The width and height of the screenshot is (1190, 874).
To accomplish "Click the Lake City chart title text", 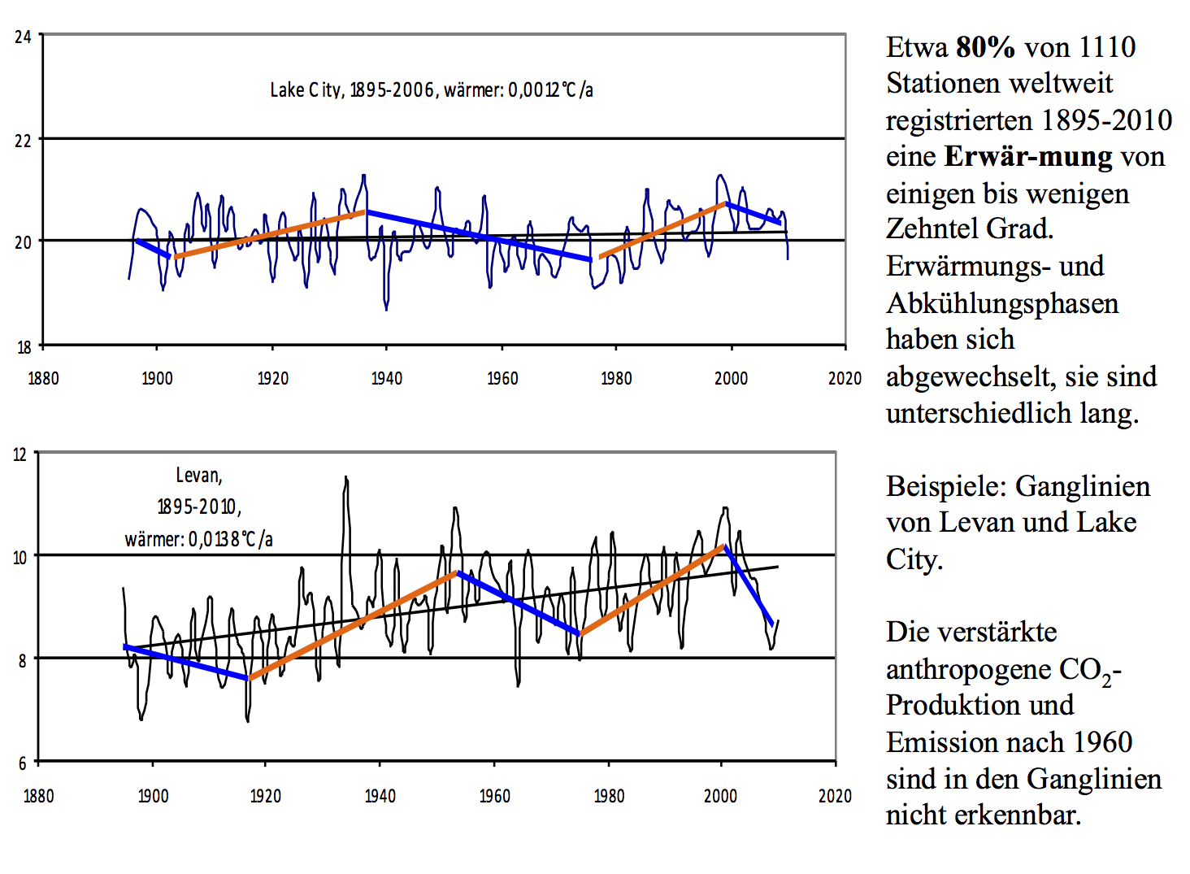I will pos(431,89).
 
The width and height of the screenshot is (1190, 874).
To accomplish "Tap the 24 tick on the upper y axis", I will pos(23,37).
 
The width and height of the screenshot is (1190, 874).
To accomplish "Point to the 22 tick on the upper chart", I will pos(23,140).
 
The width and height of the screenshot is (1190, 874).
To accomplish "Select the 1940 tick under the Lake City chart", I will pos(386,378).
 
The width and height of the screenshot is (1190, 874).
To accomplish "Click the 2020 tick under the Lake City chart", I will pos(845,378).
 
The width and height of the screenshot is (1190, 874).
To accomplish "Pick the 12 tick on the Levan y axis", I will pos(20,454).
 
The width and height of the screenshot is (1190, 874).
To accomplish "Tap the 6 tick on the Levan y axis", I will pos(22,763).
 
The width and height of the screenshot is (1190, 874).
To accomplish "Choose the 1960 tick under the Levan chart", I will pos(494,796).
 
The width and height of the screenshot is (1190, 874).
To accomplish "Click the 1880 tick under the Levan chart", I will pos(38,796).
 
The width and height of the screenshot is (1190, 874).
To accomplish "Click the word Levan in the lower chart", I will pos(198,476).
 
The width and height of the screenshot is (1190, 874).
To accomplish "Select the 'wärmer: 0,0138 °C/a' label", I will pos(198,539).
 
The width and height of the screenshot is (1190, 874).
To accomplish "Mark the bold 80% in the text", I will pos(985,47).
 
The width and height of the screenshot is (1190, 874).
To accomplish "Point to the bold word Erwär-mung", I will pos(1028,156).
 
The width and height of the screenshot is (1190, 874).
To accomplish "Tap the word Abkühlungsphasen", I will pos(1002,303).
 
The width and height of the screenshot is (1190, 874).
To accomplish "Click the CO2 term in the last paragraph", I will pos(1086,670).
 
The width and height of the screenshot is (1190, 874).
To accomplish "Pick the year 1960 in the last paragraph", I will pos(1101,741).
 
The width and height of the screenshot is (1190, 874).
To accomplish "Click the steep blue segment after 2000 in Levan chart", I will pos(749,585).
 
